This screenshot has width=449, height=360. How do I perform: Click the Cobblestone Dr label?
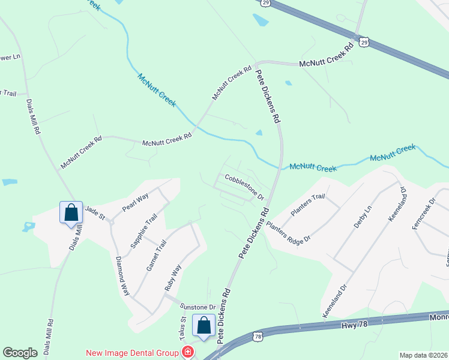244,187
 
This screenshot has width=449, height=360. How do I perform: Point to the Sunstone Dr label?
196,306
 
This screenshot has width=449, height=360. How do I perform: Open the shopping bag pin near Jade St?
71,212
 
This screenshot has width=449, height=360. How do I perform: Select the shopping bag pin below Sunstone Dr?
203,325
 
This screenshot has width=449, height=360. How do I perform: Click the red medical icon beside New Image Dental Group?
188,352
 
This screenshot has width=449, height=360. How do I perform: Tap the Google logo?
20,353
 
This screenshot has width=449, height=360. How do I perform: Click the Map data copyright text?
423,355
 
